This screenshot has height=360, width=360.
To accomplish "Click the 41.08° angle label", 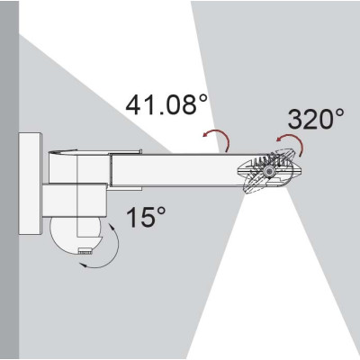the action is coord(166,104).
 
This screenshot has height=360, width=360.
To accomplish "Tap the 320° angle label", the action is coord(316,119).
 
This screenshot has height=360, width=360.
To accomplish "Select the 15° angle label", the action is coord(146,216).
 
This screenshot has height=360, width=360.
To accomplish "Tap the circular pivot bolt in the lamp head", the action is coord(268,172).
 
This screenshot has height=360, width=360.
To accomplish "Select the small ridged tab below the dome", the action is coord(85,251).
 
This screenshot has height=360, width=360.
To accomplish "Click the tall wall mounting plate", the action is coord(30,184).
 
